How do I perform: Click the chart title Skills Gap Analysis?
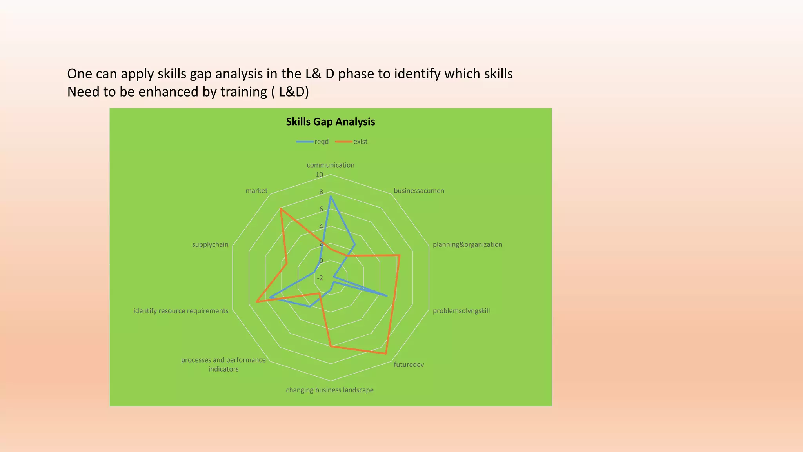click(x=330, y=122)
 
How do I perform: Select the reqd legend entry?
click(x=321, y=142)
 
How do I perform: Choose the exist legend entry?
click(x=360, y=142)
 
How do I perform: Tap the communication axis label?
click(x=330, y=165)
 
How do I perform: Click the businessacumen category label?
click(x=419, y=191)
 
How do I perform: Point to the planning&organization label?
click(x=467, y=244)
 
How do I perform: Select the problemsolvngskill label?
click(x=461, y=311)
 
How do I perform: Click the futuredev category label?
click(x=409, y=365)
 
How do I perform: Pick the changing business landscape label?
click(x=329, y=390)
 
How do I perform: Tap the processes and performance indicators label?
click(x=223, y=364)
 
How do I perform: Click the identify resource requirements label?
click(x=181, y=311)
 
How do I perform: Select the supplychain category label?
click(x=210, y=244)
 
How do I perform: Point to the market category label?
click(x=256, y=191)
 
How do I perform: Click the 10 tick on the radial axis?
click(x=320, y=175)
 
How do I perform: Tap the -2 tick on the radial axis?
click(x=320, y=278)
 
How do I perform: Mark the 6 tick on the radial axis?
click(x=321, y=209)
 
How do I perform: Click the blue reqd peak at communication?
click(x=331, y=197)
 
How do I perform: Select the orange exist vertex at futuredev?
click(x=386, y=354)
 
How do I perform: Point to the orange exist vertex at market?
click(x=281, y=209)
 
